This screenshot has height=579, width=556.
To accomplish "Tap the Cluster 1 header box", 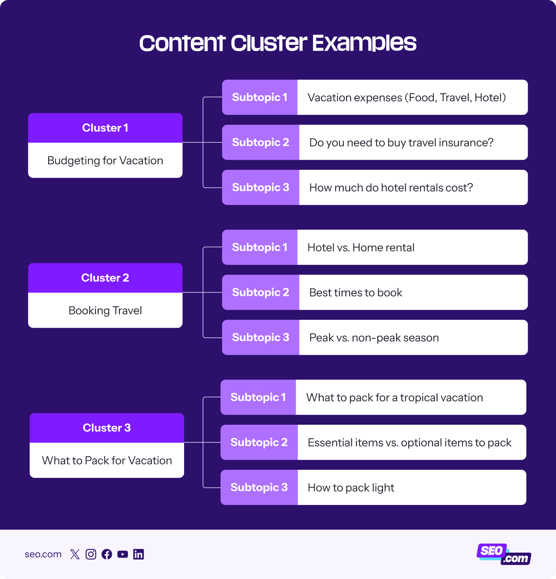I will (105, 128).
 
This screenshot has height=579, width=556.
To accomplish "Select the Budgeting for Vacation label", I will (105, 160).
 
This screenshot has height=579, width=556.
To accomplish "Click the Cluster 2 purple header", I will (105, 278).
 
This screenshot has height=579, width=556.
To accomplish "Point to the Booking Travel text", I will (105, 310).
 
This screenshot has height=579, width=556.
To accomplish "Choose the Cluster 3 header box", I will (107, 428).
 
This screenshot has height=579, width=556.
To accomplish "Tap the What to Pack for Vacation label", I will (107, 460).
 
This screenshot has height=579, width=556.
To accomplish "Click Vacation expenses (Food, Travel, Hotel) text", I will (406, 98).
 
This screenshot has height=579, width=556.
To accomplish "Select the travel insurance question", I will (401, 143).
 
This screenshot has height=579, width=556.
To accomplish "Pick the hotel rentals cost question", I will (391, 188).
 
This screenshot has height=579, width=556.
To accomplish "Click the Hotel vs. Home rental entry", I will (361, 247).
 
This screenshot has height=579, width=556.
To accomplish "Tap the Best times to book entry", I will (355, 293).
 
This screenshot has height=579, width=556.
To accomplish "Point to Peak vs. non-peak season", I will (374, 338).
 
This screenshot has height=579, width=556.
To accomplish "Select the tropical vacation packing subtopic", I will (394, 398).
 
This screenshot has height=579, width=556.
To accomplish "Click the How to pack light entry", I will (351, 488).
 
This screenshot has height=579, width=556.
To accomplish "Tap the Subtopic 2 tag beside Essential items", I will (259, 442).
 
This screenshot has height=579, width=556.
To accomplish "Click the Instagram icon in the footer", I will (91, 554).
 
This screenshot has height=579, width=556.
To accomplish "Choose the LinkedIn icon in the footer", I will (138, 554).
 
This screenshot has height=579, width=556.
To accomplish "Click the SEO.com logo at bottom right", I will (504, 554).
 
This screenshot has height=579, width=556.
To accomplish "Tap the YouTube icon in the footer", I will (123, 554).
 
